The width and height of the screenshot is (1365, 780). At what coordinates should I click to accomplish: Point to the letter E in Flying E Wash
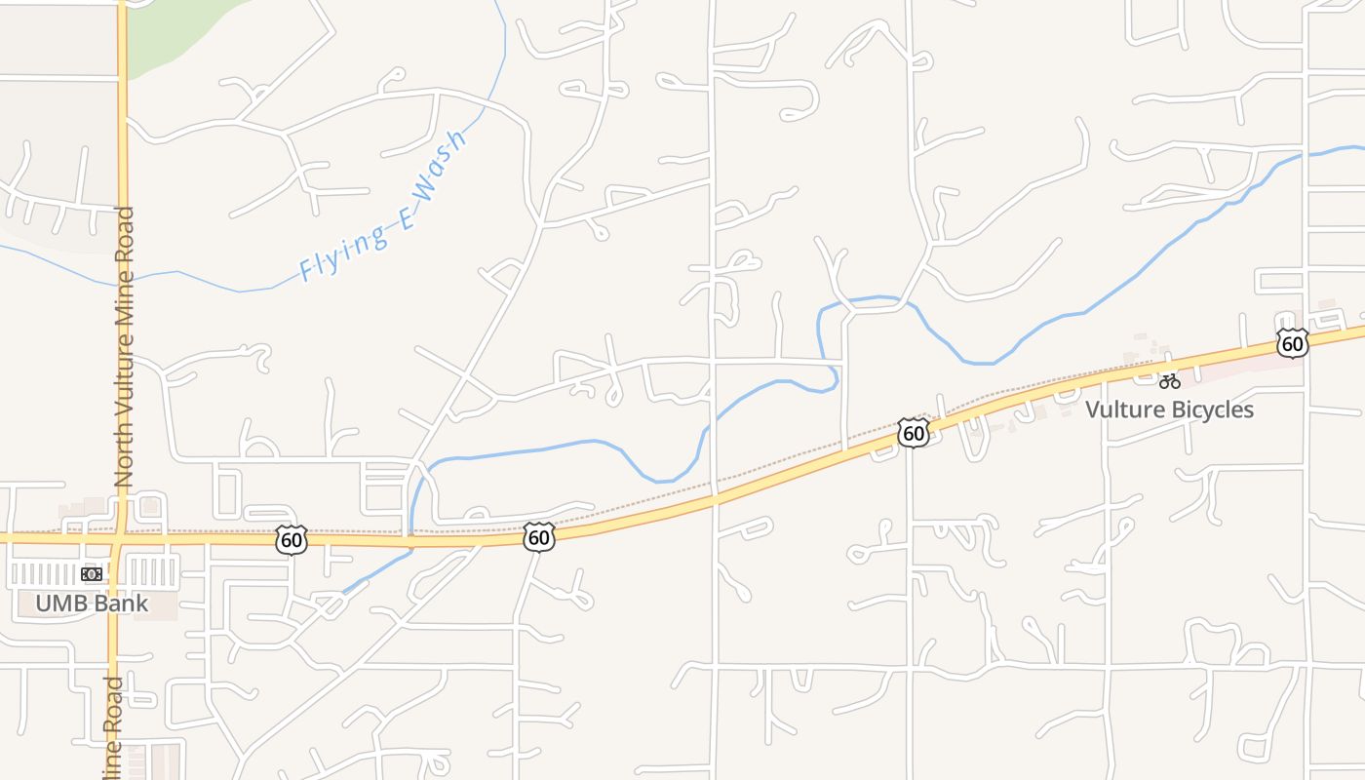click(406, 218)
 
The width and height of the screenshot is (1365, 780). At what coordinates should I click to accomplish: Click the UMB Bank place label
click(93, 603)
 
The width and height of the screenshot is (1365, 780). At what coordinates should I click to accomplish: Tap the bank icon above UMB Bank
click(93, 574)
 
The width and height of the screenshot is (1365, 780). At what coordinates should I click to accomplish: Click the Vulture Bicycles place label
click(1169, 409)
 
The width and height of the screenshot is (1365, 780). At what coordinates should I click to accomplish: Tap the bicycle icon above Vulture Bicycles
click(1170, 381)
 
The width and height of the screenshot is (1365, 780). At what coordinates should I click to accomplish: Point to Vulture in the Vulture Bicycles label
click(1120, 409)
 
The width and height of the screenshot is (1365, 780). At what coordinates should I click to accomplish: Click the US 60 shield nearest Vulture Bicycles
click(1292, 343)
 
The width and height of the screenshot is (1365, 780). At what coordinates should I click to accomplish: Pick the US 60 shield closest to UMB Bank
click(291, 540)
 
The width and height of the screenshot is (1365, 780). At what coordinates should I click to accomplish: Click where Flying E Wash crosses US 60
click(411, 540)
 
